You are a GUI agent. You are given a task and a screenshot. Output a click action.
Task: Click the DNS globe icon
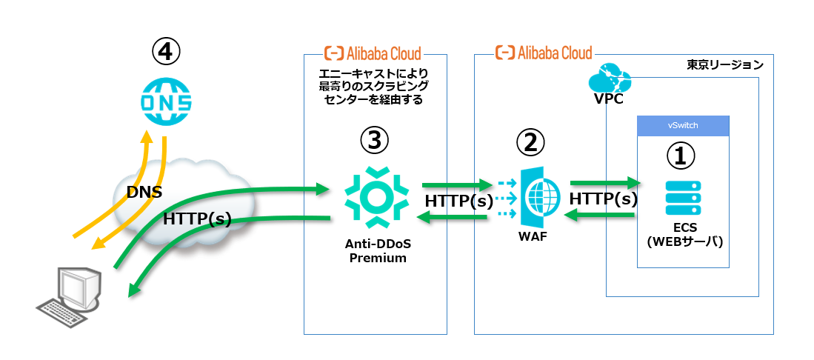click(166, 100)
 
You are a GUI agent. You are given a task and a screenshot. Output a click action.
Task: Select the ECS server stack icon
click(683, 198)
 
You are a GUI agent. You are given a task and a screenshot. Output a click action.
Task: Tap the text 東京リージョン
click(725, 64)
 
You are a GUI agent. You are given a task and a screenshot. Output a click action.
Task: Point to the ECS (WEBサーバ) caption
click(684, 236)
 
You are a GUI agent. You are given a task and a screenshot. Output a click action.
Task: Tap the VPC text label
click(608, 98)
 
